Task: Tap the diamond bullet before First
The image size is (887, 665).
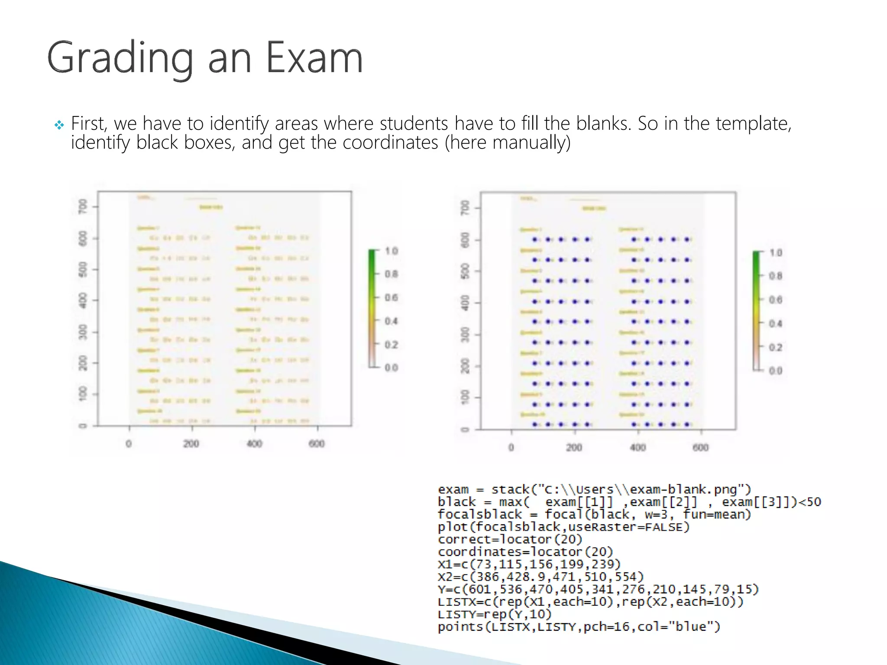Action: coord(59,125)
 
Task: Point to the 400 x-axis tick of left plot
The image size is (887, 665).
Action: coord(254,443)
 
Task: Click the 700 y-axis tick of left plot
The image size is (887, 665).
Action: coord(82,206)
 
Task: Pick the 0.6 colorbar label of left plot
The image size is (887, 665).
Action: coord(391,297)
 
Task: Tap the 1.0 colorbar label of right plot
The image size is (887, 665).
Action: coord(776,253)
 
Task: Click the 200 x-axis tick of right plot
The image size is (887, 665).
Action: coord(574,447)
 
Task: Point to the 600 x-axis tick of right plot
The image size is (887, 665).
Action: coord(700,447)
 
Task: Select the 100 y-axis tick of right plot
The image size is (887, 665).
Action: coord(465,397)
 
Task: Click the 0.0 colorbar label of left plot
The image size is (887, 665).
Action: coord(391,368)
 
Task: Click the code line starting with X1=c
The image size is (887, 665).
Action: coord(529,564)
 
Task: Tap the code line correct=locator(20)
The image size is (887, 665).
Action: coord(510,539)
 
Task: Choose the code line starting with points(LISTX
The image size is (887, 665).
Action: coord(579,626)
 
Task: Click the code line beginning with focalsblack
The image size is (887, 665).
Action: coord(594,514)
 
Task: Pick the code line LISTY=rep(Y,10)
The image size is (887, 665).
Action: coord(495,614)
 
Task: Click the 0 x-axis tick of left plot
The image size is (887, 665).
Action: coord(129,443)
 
